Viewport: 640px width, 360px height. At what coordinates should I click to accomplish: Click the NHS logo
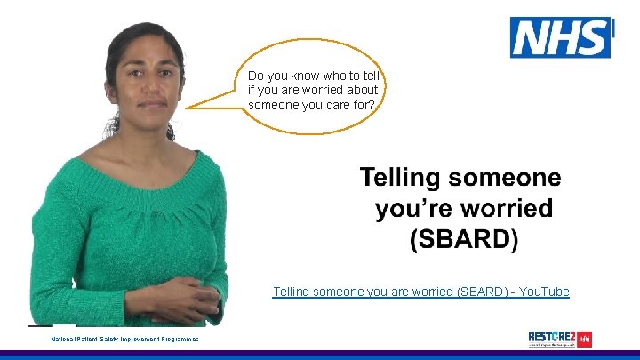[560, 38]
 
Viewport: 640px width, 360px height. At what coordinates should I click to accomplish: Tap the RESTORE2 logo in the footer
[559, 339]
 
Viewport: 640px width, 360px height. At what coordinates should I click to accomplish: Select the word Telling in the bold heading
[398, 178]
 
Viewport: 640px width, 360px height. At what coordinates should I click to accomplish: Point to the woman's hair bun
[112, 125]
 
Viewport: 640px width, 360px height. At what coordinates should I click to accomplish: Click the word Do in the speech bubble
[256, 76]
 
